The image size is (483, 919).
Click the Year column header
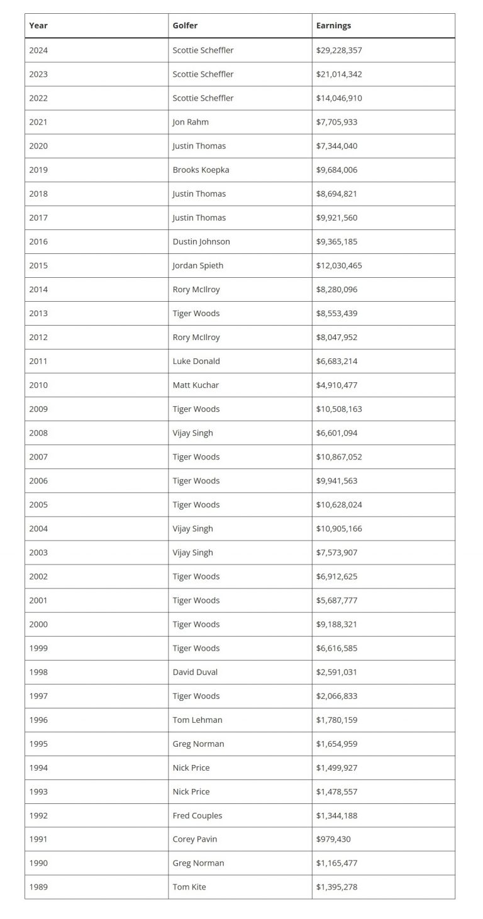38,26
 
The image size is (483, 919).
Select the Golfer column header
185,26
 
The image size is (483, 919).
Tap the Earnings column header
333,26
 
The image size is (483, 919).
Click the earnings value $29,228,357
339,50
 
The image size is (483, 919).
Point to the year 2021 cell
38,122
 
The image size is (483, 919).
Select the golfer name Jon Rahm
191,122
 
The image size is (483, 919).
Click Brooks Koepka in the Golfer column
201,170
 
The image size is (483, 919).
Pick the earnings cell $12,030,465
339,265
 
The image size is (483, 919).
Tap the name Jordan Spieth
197,265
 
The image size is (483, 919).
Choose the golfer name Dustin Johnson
201,241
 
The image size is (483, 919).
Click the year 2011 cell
38,361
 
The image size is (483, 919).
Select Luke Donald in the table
196,361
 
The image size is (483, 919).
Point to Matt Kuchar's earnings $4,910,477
336,385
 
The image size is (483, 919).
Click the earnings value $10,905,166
339,529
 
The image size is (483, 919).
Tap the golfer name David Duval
195,672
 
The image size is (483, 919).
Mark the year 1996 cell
38,720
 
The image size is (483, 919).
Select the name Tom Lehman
197,720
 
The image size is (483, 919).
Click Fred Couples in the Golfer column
197,815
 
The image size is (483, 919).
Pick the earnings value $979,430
333,839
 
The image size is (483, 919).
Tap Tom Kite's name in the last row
189,887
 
